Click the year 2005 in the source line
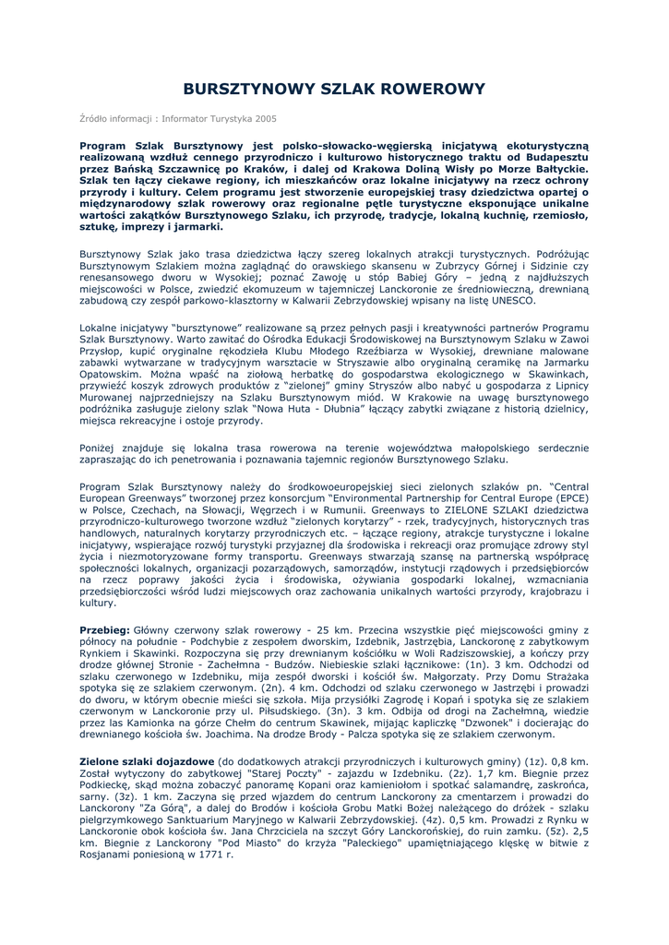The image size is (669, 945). (263, 119)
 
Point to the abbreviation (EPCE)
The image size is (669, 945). (567, 496)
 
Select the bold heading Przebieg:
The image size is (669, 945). (106, 629)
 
